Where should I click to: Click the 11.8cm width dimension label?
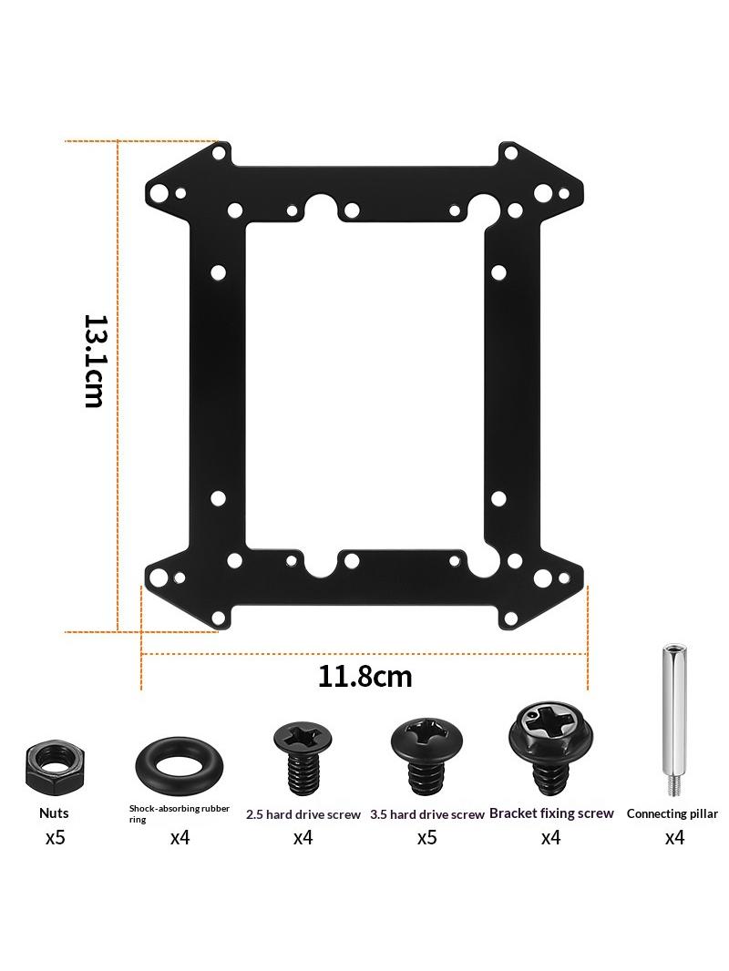[364, 676]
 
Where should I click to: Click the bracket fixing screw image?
[550, 750]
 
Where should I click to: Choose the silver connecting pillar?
[673, 720]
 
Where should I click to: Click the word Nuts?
[54, 813]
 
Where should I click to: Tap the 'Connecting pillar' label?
[672, 813]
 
